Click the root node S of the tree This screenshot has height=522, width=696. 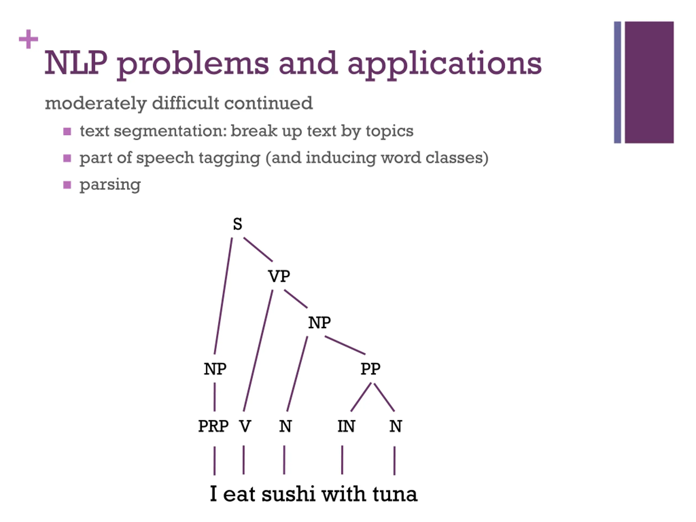(x=238, y=224)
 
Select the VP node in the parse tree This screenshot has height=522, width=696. (x=279, y=276)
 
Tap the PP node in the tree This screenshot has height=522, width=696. (x=370, y=369)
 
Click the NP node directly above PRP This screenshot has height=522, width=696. (x=215, y=369)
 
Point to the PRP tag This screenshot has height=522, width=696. (x=213, y=426)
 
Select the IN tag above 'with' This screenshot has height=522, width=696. (x=346, y=426)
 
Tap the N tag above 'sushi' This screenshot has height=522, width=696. (x=285, y=426)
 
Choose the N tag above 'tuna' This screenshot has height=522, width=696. (x=396, y=426)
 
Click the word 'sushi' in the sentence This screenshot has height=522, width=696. (x=288, y=494)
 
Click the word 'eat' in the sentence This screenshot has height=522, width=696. (x=239, y=494)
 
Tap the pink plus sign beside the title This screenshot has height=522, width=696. (x=28, y=39)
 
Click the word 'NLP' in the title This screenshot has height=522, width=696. (x=76, y=63)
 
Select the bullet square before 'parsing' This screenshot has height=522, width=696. (x=67, y=185)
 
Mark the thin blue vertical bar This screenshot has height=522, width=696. (x=617, y=82)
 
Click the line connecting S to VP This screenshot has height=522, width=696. (x=258, y=250)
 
